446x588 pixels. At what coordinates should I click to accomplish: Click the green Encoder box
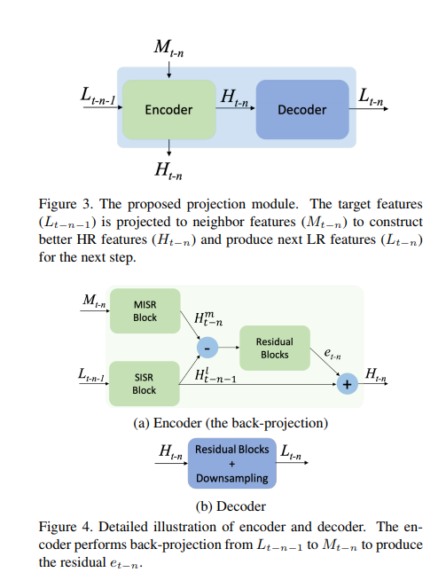point(168,110)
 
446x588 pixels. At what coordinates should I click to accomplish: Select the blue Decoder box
point(301,110)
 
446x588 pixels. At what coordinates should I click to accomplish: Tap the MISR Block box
point(144,310)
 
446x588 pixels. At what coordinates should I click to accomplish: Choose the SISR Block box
point(144,382)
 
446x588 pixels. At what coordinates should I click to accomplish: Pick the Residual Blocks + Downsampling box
point(231,463)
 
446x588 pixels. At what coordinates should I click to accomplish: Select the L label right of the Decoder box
point(371,95)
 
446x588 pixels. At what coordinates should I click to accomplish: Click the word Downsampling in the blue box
point(231,478)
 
